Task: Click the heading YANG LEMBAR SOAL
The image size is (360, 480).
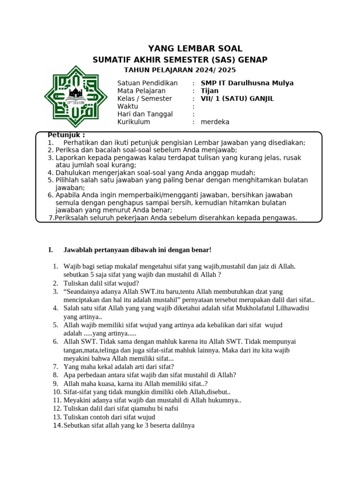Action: pos(195,48)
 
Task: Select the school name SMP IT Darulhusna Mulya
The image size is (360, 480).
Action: pos(247,83)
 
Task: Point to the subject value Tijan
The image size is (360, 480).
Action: pos(210,90)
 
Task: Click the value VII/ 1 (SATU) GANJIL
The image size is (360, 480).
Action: pos(237,98)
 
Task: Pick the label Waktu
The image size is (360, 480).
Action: pos(127,106)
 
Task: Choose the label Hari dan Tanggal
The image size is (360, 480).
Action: pos(145,114)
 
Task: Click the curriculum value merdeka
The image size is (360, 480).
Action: pos(215,122)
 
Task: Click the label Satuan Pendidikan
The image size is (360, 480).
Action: pos(148,83)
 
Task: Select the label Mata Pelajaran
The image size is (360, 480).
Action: pos(141,90)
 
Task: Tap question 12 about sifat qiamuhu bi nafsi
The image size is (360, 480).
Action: pos(121,408)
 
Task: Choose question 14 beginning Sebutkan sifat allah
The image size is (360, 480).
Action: pos(129,425)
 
